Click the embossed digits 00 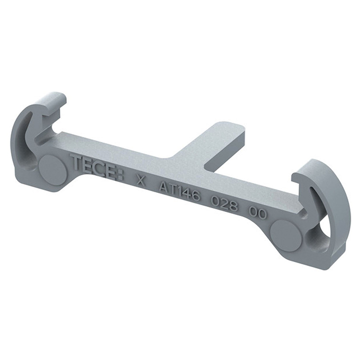point(259,213)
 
